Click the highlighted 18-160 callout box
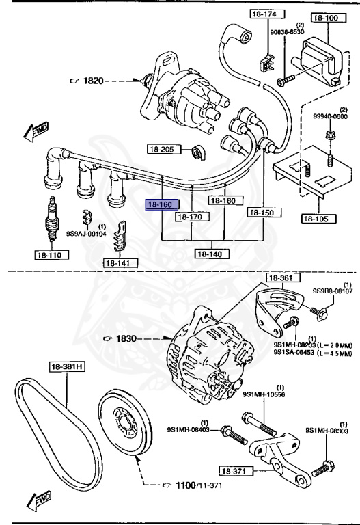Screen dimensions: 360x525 163,204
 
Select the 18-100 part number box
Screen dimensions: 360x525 325,18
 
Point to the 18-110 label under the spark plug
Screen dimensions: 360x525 52,255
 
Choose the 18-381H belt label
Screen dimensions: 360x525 67,366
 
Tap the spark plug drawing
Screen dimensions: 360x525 52,219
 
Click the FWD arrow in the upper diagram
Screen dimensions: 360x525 36,131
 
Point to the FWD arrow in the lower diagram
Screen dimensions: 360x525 40,500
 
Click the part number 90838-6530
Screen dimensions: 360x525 288,32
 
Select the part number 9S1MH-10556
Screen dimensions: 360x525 264,394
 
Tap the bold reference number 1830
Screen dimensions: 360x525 126,338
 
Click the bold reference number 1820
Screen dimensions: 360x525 93,81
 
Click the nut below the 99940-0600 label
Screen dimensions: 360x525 329,136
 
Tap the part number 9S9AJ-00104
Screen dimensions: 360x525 86,234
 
